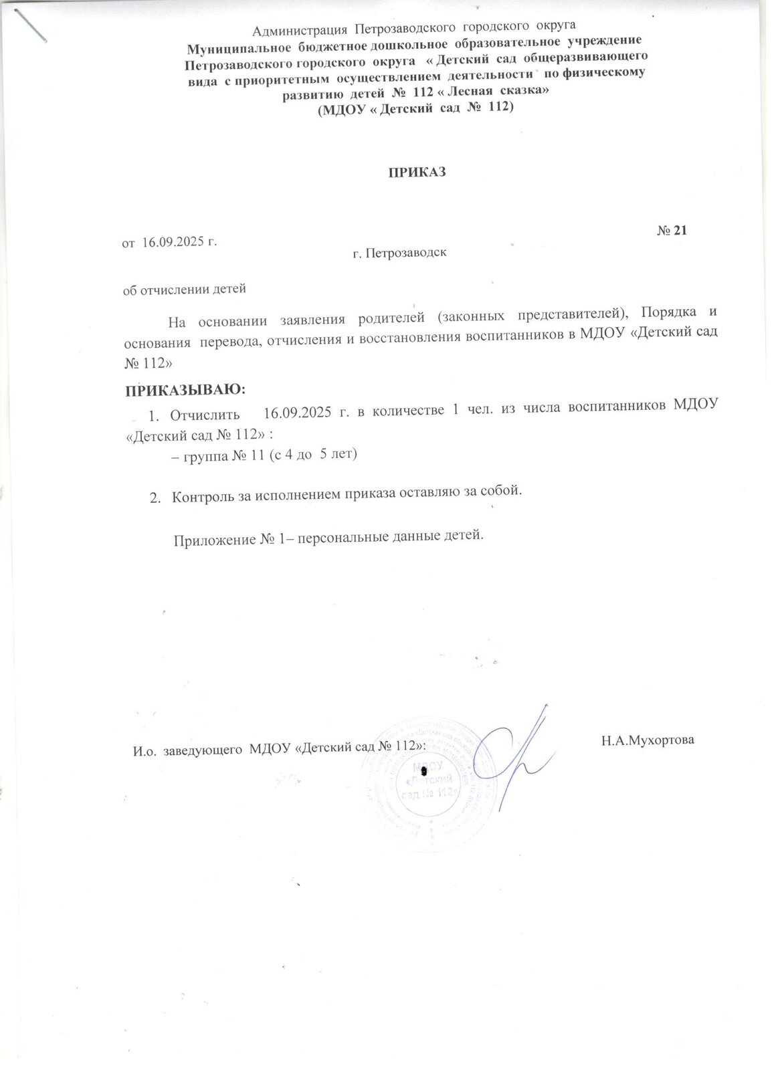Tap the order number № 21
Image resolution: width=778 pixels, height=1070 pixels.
tap(672, 231)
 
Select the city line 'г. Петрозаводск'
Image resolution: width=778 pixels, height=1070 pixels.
tap(399, 253)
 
